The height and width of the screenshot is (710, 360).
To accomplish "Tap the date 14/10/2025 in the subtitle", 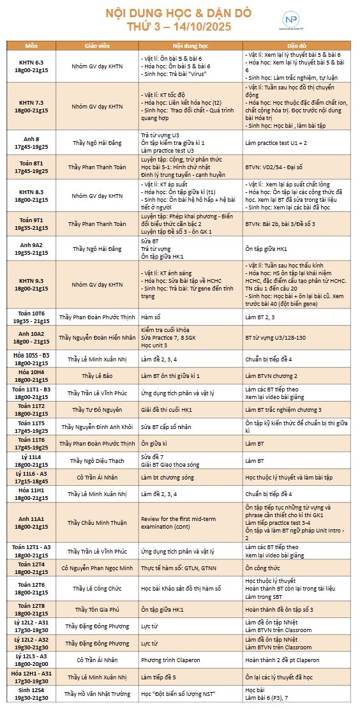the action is tap(202, 27).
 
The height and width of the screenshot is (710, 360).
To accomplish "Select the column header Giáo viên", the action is tap(97, 47).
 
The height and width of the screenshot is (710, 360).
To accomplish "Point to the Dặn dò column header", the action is tap(297, 47).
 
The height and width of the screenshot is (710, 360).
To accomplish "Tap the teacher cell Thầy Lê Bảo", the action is tap(97, 375).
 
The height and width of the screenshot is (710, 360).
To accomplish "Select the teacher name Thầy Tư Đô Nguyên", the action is tap(97, 409).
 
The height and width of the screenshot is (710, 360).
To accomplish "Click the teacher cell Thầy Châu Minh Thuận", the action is tap(97, 522).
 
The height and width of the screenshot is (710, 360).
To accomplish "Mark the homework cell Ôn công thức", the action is tap(262, 568).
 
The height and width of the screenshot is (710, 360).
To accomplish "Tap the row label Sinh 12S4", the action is tap(31, 693).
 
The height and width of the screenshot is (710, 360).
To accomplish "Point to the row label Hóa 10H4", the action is tap(31, 375).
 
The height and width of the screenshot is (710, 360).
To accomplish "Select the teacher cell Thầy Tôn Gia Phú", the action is tap(97, 609).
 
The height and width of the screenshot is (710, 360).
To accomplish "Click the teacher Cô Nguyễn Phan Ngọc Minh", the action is tap(97, 568).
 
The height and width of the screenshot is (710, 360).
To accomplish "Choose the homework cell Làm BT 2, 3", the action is tap(260, 316).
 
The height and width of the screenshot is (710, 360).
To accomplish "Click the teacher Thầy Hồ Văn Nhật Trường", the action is tap(97, 693).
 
